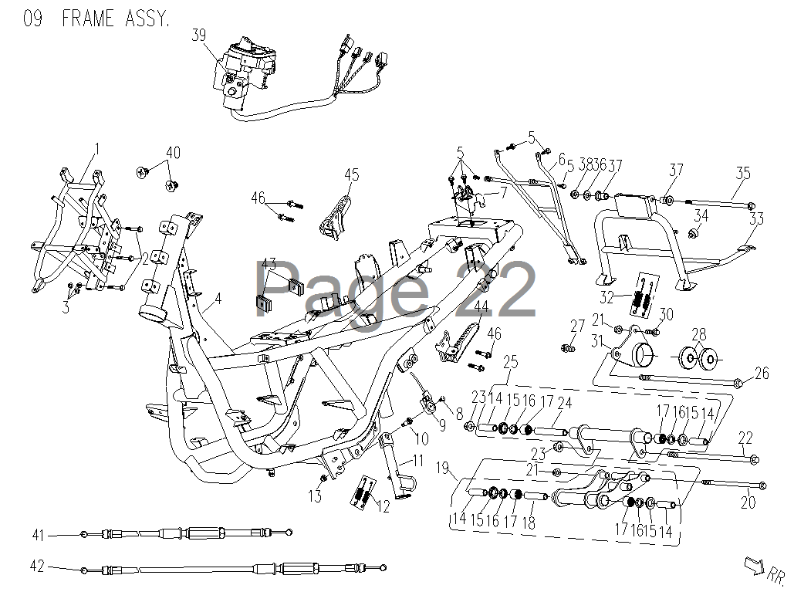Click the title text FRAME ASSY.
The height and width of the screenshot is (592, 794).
[116, 19]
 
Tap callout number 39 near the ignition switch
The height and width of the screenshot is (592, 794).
[199, 35]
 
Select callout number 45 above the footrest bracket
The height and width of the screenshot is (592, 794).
[351, 174]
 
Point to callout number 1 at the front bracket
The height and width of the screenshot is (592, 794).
[97, 149]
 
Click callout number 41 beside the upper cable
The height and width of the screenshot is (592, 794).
[39, 536]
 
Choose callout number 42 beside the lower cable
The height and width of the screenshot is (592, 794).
[38, 566]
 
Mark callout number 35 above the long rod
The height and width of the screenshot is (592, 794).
[743, 173]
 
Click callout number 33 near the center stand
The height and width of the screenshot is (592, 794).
[756, 218]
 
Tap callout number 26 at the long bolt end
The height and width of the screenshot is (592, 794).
[762, 374]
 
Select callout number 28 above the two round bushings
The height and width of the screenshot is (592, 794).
[699, 334]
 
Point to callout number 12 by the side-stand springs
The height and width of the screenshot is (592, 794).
[383, 506]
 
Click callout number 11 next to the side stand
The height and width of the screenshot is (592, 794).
[417, 461]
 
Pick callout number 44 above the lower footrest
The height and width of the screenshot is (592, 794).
[481, 306]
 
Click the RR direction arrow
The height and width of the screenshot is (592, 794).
[755, 565]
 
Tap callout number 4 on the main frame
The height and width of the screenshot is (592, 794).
[218, 299]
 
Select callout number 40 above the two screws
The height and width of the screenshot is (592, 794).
[173, 152]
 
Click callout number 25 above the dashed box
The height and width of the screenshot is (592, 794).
[511, 362]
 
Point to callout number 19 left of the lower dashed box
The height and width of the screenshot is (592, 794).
[443, 468]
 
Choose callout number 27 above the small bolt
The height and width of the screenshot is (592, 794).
[577, 326]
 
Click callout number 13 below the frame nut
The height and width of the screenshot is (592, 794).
[315, 496]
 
